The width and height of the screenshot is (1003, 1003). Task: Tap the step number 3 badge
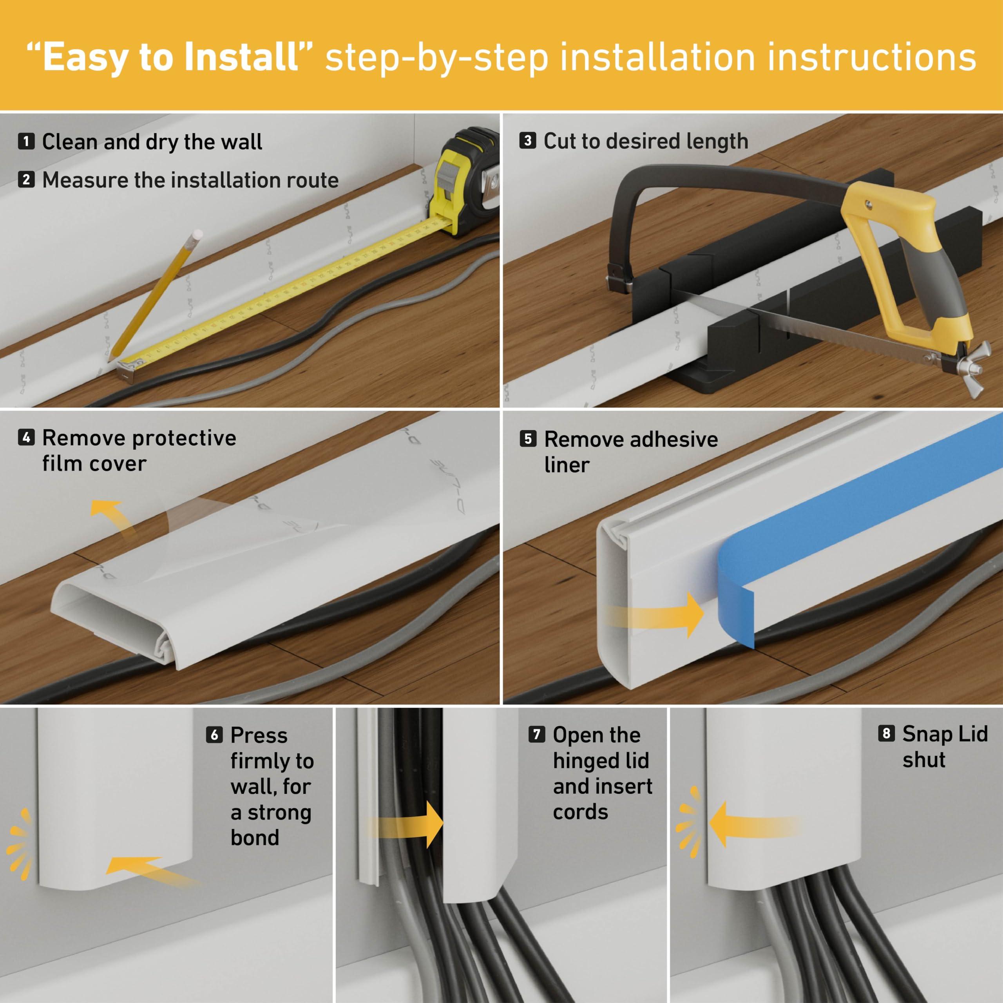pyautogui.click(x=527, y=141)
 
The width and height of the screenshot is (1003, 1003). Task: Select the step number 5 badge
pyautogui.click(x=528, y=439)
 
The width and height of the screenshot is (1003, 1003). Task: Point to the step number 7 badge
pyautogui.click(x=536, y=734)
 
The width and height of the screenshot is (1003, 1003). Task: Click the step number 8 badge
pyautogui.click(x=886, y=733)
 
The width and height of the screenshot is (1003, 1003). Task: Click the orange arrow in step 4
pyautogui.click(x=112, y=514)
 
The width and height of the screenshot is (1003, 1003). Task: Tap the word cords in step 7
pyautogui.click(x=580, y=811)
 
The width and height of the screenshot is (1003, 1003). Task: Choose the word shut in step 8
pyautogui.click(x=923, y=760)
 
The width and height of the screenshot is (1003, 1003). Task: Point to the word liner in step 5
pyautogui.click(x=567, y=465)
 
